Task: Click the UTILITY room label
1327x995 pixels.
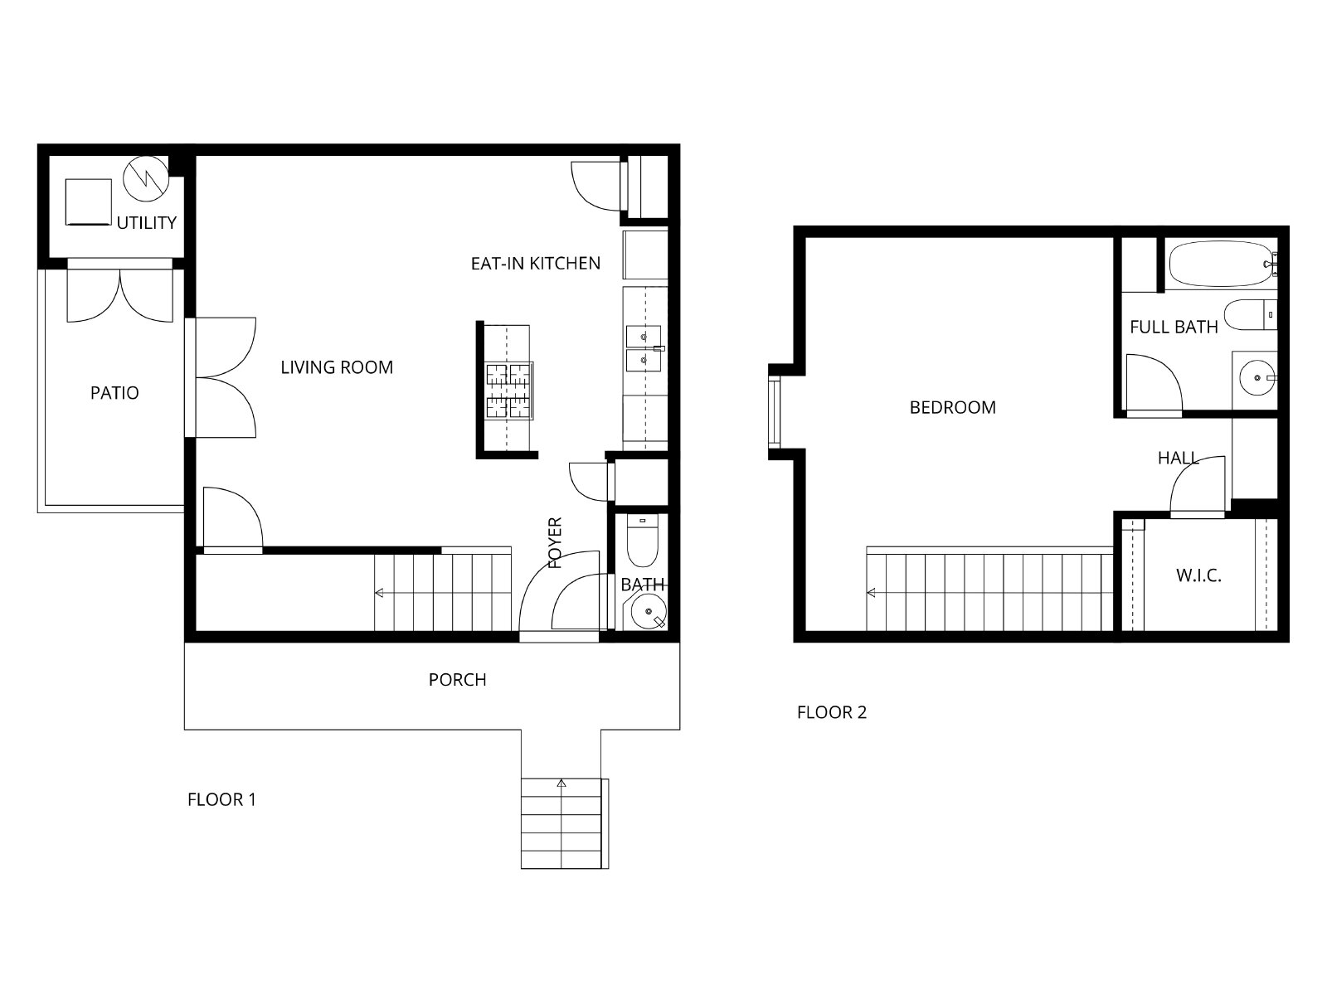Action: tap(146, 223)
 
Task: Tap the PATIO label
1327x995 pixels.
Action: tap(114, 393)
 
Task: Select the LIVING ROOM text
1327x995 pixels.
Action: tap(337, 367)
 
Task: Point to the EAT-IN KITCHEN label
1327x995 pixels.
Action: tap(536, 264)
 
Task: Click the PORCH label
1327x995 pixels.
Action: tap(457, 680)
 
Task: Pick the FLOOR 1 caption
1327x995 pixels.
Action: tap(222, 800)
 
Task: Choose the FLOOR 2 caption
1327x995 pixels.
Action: tap(832, 713)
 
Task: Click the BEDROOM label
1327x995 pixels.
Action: tap(953, 408)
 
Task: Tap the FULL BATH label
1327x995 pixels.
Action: tap(1174, 328)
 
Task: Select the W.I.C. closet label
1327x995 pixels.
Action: tap(1198, 575)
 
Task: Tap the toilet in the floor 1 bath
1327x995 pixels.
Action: tap(642, 540)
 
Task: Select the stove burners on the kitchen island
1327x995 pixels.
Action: tap(508, 391)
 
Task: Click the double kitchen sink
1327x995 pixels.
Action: tap(644, 348)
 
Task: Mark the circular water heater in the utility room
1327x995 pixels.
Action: tap(146, 179)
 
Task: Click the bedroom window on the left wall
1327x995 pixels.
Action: tap(775, 413)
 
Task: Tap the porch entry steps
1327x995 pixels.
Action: tap(564, 823)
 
